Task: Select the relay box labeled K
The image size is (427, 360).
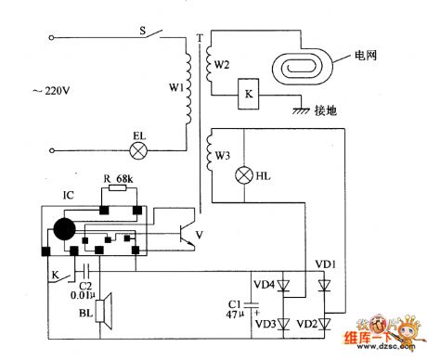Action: tap(248, 95)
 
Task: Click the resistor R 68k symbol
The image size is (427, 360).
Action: tap(117, 188)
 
